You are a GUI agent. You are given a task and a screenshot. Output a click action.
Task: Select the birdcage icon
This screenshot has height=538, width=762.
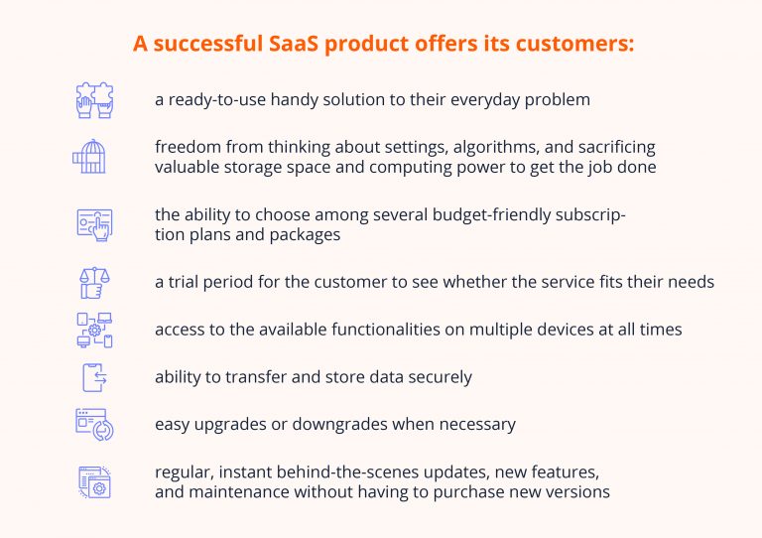pos(88,156)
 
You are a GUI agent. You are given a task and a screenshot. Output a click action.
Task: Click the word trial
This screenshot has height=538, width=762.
pos(186,282)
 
